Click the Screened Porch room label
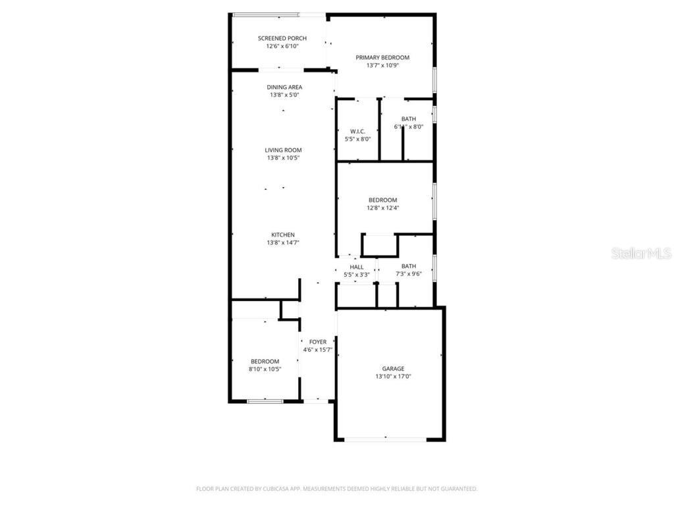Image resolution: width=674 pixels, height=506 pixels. (282, 38)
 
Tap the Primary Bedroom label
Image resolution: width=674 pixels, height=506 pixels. (382, 57)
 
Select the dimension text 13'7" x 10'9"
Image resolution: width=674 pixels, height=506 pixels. (382, 65)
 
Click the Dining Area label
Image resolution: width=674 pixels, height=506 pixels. (284, 87)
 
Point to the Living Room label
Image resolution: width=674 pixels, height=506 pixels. (284, 150)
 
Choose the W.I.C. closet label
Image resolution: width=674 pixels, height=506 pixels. (358, 131)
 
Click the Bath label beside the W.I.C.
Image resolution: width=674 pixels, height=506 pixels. (409, 119)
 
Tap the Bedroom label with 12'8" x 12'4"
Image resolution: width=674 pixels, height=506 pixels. (382, 200)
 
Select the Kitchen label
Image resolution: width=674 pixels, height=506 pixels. (283, 235)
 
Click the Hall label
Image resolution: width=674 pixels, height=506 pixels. (357, 267)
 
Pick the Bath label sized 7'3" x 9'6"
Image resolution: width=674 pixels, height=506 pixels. (409, 266)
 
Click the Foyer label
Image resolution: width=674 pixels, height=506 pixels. (318, 342)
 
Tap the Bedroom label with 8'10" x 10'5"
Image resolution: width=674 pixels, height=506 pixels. (265, 361)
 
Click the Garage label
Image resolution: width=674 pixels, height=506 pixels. (393, 368)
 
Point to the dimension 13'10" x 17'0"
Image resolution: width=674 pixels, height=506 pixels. (393, 376)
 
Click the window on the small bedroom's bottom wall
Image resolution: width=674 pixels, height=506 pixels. (265, 400)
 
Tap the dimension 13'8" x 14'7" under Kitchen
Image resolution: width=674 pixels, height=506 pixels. (283, 242)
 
